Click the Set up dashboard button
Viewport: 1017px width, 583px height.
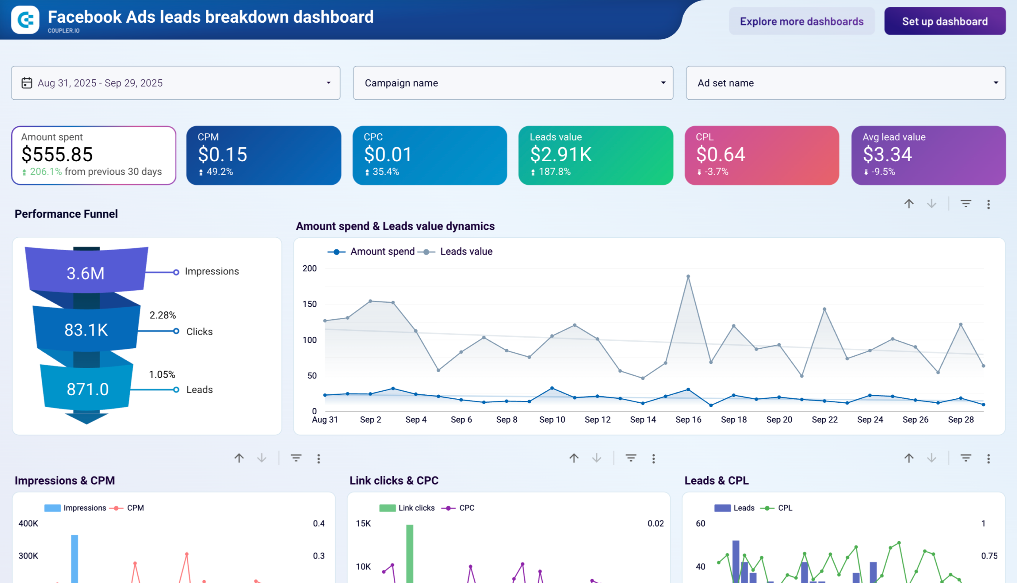tap(945, 21)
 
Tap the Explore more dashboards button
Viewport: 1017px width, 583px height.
tap(801, 21)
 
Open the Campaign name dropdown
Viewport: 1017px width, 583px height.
tap(513, 83)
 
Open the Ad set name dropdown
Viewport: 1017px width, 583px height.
tap(845, 83)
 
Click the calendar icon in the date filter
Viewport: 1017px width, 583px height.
tap(27, 83)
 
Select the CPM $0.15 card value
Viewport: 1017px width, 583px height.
tap(222, 154)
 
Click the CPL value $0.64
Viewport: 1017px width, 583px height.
tap(720, 154)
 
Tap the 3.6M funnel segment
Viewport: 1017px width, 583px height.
tap(85, 274)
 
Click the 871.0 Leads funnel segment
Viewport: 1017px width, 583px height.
tap(87, 389)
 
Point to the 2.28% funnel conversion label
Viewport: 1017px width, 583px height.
tap(162, 315)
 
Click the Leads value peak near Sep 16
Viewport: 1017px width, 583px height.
tap(688, 276)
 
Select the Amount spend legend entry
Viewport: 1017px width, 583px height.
tap(382, 251)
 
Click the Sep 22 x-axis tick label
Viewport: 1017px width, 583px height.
tap(824, 420)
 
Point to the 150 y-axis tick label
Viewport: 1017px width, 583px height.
tap(309, 304)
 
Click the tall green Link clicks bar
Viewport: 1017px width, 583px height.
tap(409, 552)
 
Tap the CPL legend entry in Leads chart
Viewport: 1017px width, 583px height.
tap(784, 508)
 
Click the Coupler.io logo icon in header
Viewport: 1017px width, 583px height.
tap(25, 19)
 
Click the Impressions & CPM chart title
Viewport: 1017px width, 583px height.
tap(65, 481)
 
